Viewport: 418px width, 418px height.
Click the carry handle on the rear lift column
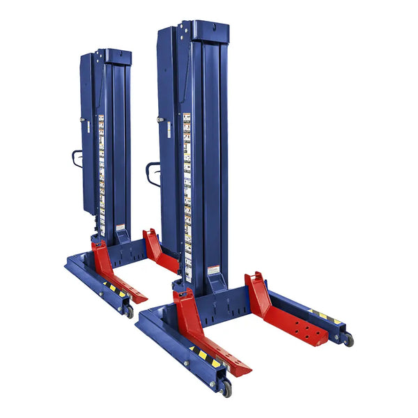click(76, 158)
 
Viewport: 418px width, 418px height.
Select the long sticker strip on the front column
click(187, 188)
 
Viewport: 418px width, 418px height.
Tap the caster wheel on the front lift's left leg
click(225, 387)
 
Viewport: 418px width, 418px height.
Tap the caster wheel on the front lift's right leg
click(347, 339)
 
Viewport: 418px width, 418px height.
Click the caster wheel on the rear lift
click(130, 311)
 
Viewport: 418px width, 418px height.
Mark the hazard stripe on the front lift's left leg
click(202, 355)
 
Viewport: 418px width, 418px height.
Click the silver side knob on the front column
click(161, 120)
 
